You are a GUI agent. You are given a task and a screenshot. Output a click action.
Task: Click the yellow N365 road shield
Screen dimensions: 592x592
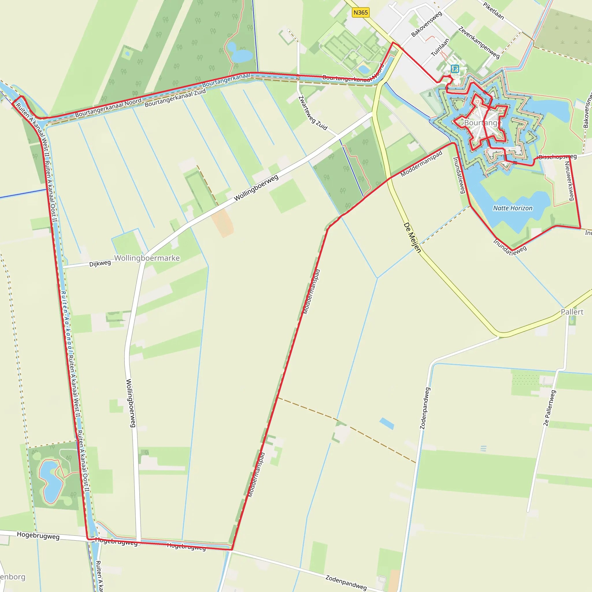coord(360,12)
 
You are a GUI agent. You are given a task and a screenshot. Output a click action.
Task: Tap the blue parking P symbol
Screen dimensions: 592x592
coord(455,69)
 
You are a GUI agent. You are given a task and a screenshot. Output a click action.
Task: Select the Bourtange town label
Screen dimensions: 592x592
coord(483,123)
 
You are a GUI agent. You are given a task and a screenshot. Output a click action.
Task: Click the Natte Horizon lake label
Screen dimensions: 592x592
coord(513,208)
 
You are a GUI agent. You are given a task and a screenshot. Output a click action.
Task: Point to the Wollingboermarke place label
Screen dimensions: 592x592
coord(147,258)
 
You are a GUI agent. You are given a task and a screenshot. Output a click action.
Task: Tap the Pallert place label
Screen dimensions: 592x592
coord(572,312)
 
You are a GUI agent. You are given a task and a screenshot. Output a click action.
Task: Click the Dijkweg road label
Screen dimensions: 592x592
coord(100,263)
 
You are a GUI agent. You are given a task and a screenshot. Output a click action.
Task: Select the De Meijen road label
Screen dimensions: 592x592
coord(412,238)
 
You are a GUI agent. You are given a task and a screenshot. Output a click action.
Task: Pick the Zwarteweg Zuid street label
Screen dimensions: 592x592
coord(313,113)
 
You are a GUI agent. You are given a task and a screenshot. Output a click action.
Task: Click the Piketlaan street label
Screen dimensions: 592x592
coord(493,10)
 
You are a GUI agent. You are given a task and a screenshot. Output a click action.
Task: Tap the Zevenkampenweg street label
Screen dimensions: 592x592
coord(479,42)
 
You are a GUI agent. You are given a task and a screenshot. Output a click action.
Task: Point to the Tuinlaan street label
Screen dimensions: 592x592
coord(440,47)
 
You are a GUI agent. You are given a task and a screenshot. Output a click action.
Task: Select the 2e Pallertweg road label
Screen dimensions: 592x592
coord(550,408)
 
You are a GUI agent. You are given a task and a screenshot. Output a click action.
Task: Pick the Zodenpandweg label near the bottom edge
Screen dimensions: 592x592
coord(346,582)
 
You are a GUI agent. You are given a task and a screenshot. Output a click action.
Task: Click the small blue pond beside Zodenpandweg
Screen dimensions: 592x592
coord(387,423)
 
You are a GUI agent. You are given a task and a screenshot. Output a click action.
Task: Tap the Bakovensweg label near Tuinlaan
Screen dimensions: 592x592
coord(427,24)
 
